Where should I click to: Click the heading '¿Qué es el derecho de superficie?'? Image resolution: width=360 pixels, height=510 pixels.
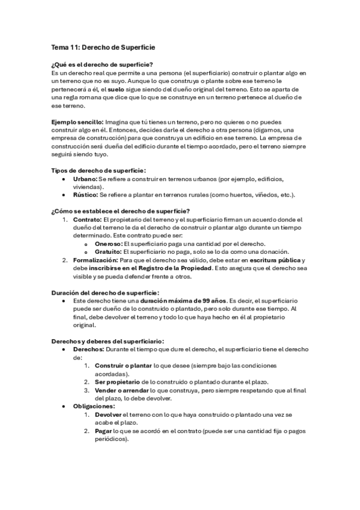[102, 64]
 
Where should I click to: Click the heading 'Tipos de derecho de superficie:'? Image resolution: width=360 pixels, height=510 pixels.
[99, 170]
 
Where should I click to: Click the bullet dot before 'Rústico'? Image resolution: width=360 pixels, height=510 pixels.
[64, 195]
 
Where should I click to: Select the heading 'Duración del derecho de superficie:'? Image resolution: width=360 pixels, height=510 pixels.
[105, 292]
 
